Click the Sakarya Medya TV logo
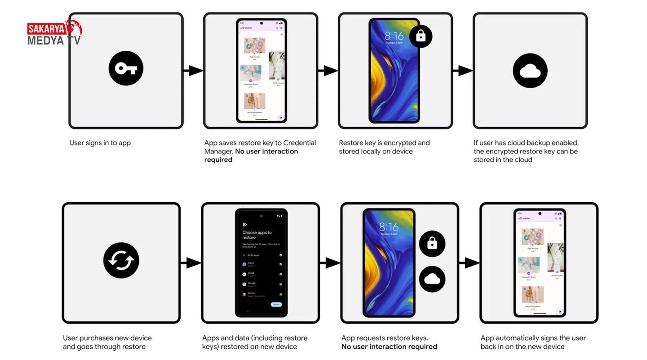54,33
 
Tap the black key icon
126,69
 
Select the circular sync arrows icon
121,261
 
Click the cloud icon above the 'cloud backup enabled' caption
530,71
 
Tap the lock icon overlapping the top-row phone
421,36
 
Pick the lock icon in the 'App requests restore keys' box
432,244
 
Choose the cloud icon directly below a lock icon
432,279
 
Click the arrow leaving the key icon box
193,71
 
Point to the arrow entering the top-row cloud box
463,71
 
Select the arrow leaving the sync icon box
191,263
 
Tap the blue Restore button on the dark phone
276,304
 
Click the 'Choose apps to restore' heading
257,235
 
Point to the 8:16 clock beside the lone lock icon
394,36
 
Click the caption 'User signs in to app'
100,143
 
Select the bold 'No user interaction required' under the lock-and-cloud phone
389,347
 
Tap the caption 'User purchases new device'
107,338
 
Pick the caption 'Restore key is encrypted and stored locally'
384,147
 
